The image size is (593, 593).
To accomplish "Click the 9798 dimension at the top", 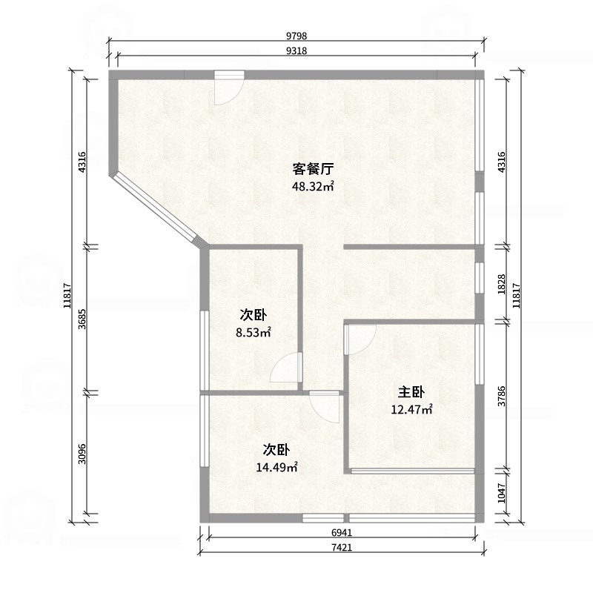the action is (x=296, y=36).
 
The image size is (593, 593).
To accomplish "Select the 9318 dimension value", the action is (x=296, y=50).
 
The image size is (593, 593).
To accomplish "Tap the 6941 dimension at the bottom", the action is (x=342, y=532).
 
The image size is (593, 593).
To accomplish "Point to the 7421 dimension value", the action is (x=342, y=547).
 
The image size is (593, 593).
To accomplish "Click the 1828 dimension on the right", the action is (x=502, y=284).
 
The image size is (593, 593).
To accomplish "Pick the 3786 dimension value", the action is (x=502, y=396).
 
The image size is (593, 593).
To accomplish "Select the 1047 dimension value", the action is (x=502, y=493).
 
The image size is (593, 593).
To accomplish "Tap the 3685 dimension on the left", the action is (x=82, y=319).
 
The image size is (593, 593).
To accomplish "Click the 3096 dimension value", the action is (x=82, y=454).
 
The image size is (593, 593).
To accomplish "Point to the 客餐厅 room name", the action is (x=313, y=169).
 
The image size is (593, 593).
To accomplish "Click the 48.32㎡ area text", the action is (x=313, y=186).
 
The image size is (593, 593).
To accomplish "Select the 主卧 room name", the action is (x=411, y=392).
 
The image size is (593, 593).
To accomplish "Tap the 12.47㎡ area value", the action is (x=411, y=409).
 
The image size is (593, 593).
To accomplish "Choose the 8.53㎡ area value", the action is (x=254, y=332).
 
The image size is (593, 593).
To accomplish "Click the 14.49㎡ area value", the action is (x=276, y=468).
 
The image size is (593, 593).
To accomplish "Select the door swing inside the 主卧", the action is (x=360, y=339).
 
